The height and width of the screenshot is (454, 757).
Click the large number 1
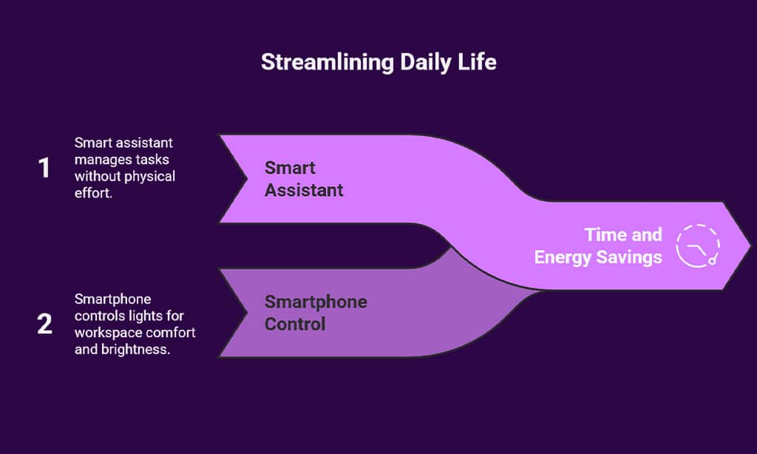click(44, 169)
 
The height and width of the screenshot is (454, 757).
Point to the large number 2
click(44, 324)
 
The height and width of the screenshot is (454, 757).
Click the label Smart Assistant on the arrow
click(304, 179)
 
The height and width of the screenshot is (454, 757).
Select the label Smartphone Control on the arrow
click(316, 313)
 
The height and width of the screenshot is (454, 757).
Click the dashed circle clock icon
click(698, 245)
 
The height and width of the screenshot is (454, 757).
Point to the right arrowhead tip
click(750, 245)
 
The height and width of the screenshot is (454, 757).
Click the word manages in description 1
click(100, 159)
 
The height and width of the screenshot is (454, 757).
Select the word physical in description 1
click(148, 176)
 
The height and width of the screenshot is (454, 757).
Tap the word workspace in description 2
click(105, 333)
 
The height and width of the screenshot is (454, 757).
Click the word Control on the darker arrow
click(295, 324)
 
